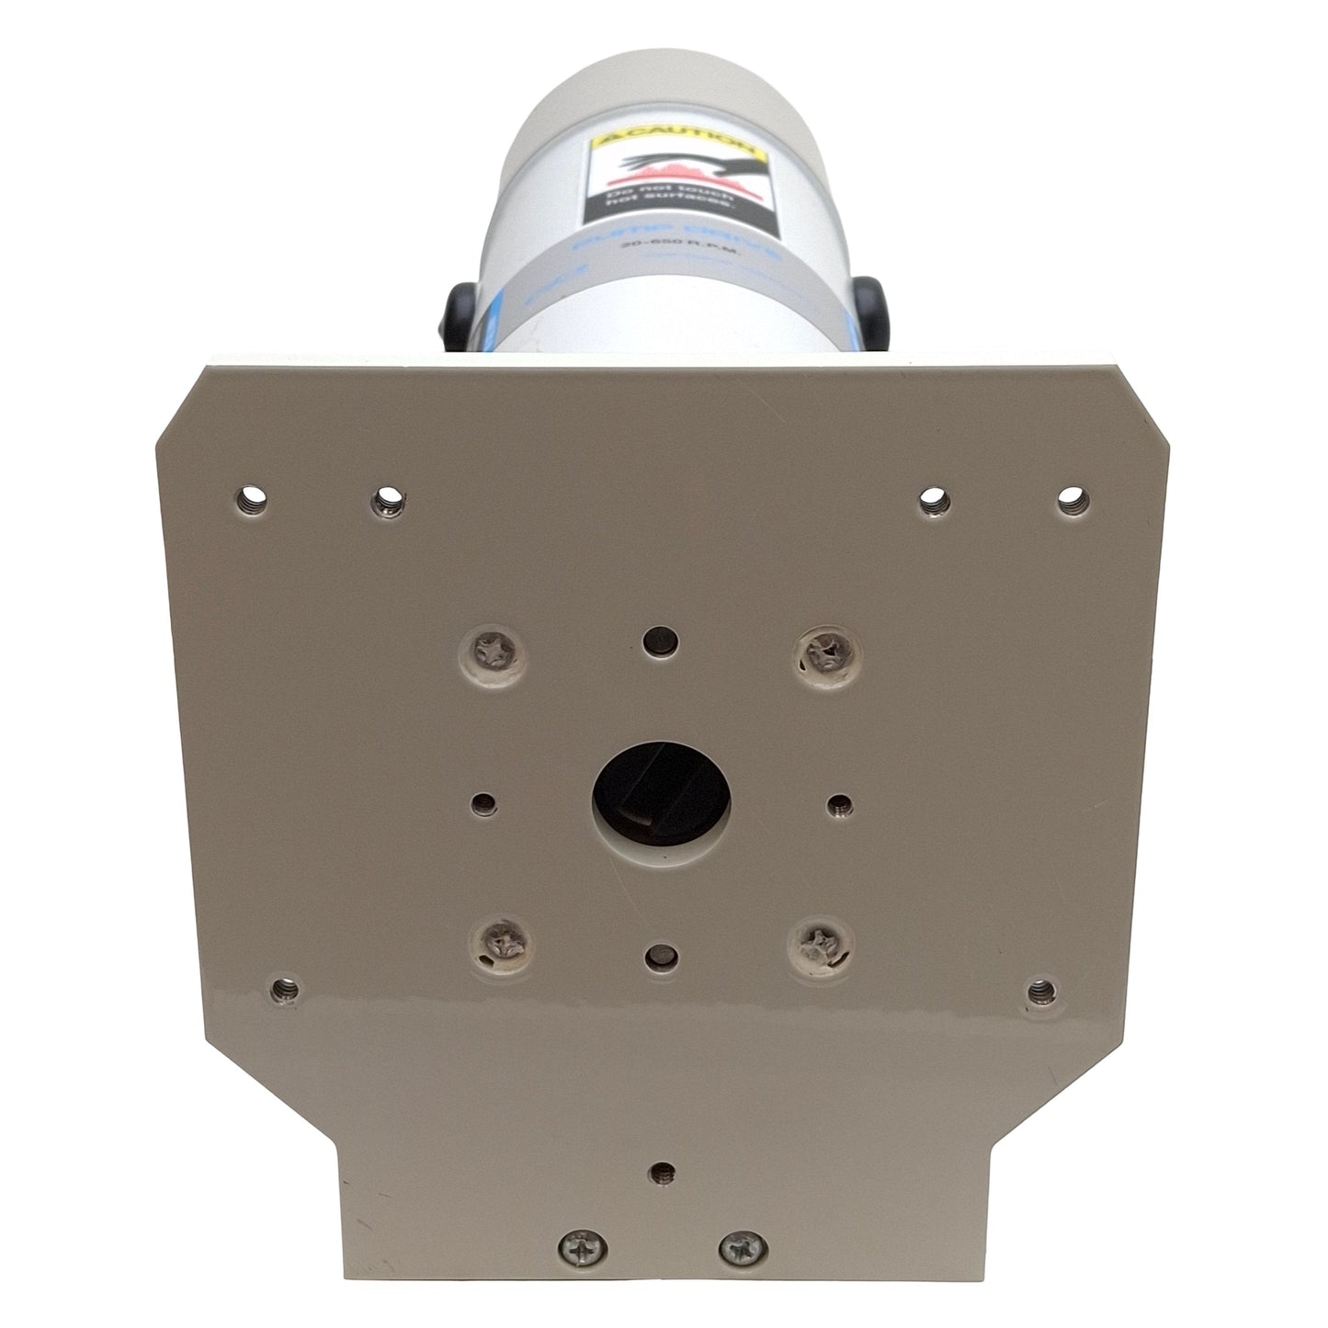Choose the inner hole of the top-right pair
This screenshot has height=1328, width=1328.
tap(935, 499)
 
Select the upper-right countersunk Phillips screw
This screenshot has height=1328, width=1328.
tap(821, 654)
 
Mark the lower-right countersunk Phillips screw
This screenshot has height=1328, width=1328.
tap(816, 941)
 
